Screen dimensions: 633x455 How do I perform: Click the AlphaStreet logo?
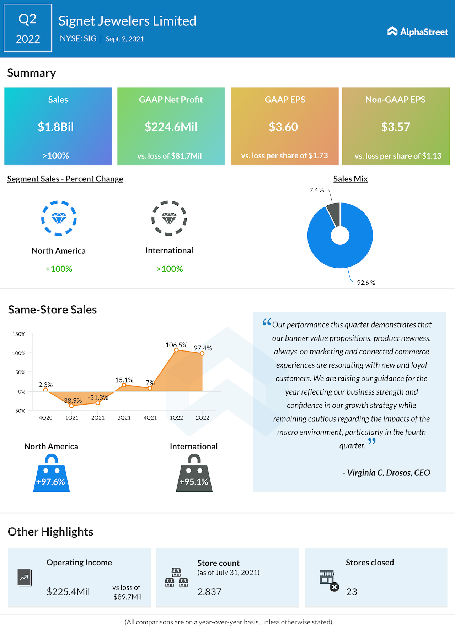click(417, 32)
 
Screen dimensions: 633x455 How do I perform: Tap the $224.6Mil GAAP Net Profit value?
click(171, 127)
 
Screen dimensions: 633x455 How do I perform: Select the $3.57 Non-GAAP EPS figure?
click(396, 127)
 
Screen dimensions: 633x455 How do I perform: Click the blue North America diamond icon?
click(59, 218)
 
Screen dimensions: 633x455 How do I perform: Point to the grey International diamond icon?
click(169, 218)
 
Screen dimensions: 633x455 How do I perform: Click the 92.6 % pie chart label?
click(366, 283)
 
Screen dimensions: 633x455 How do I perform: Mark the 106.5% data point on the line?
click(176, 350)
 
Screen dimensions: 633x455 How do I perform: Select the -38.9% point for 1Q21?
click(71, 406)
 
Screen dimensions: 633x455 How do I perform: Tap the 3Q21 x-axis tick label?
click(124, 418)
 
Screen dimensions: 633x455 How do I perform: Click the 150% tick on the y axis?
click(19, 334)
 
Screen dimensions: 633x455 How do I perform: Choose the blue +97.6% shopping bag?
click(51, 475)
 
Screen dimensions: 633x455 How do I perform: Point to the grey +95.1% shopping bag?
click(194, 475)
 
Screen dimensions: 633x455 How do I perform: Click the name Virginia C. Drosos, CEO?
click(386, 473)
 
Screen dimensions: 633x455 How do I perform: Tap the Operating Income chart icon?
click(25, 577)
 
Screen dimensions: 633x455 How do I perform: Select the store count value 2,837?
click(209, 592)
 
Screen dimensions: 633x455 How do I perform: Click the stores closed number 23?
click(352, 592)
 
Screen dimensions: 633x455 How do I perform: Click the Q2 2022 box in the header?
click(28, 28)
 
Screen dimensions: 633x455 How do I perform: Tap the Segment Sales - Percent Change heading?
click(65, 179)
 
